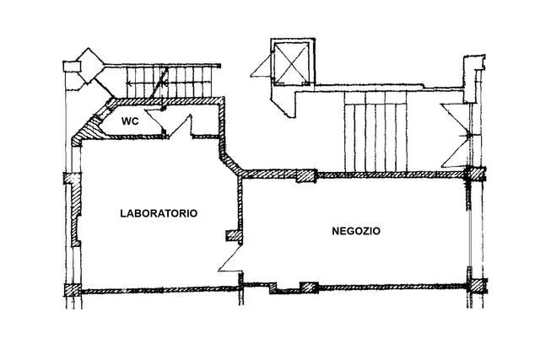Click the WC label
coord(130,121)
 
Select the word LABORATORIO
coord(159,214)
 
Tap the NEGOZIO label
coord(357,230)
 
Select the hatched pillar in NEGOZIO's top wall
coord(305,176)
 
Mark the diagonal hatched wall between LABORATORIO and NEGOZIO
coord(229,159)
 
